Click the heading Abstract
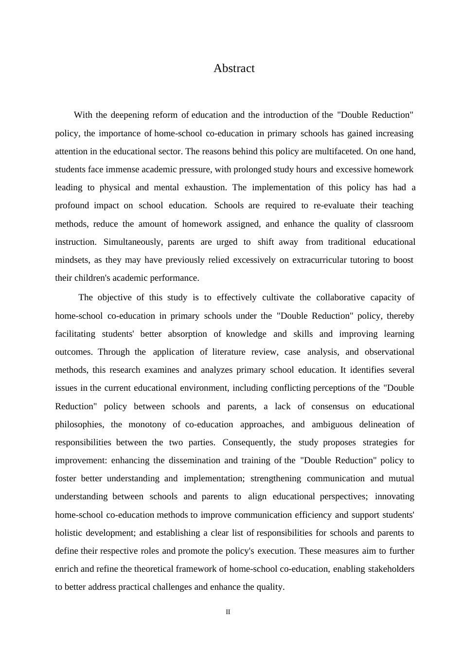click(x=234, y=69)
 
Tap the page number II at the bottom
click(x=228, y=612)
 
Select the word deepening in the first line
click(x=130, y=115)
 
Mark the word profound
click(x=72, y=205)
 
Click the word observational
click(x=390, y=352)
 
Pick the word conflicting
click(x=271, y=388)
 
